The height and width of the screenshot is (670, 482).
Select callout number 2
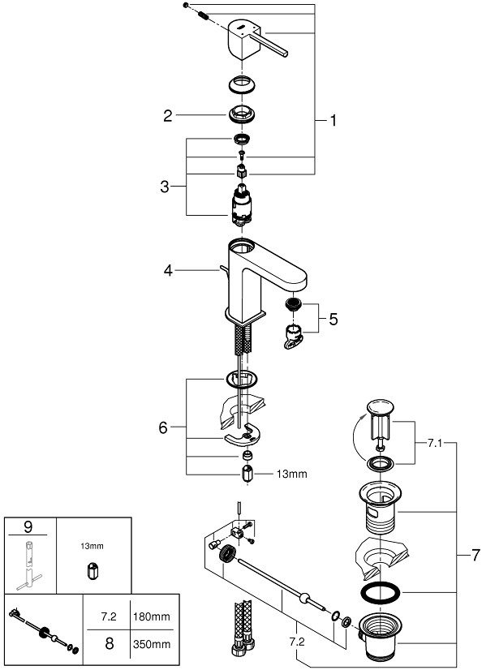[x=168, y=116]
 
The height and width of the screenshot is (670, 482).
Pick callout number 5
[x=334, y=320]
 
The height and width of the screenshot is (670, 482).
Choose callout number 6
[x=163, y=427]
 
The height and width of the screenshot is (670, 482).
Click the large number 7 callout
[x=476, y=556]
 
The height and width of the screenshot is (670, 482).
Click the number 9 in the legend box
[x=29, y=527]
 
